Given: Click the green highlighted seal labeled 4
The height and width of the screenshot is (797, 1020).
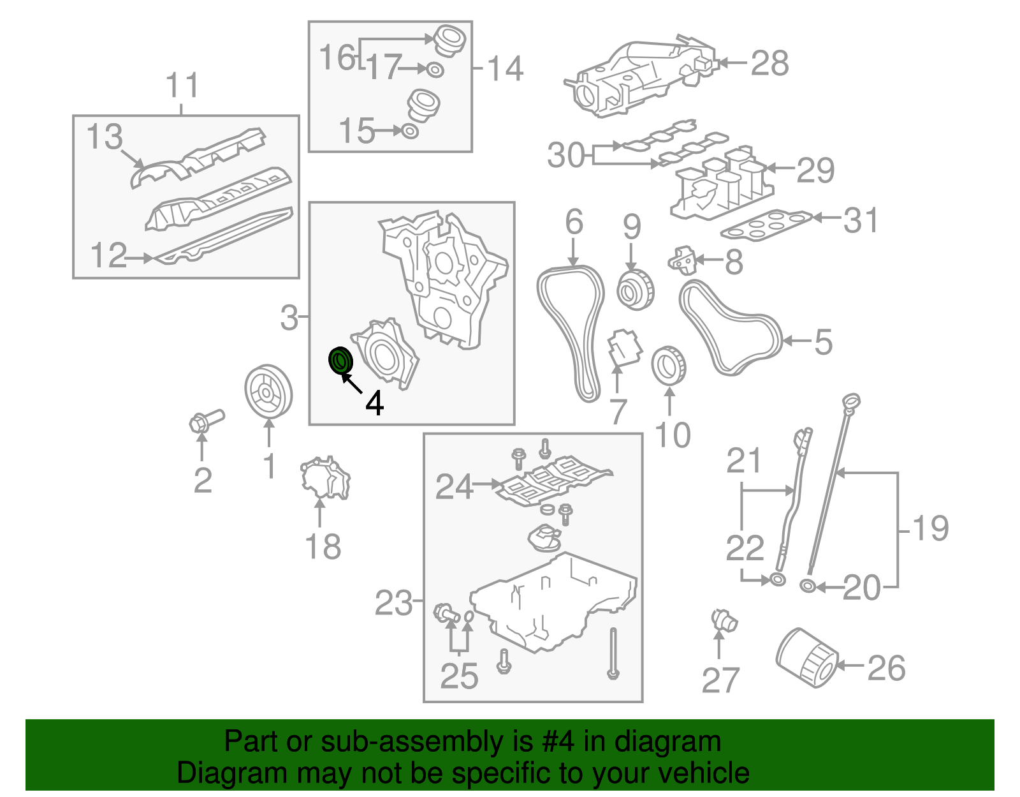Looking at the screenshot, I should click(x=340, y=361).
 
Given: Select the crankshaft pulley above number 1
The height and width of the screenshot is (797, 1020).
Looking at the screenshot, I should click(x=268, y=391).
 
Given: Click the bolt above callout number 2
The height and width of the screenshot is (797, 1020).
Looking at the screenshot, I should click(x=206, y=421).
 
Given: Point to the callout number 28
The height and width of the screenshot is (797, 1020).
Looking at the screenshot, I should click(x=769, y=64).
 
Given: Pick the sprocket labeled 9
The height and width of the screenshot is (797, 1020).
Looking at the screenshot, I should click(x=636, y=290).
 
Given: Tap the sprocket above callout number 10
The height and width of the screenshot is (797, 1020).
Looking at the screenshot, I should click(x=669, y=366).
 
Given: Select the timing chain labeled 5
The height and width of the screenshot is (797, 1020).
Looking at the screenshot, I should click(x=730, y=328).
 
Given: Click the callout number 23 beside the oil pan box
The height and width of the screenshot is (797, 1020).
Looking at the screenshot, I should click(x=393, y=602).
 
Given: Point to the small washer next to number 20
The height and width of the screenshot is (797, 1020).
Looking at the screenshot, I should click(x=806, y=586).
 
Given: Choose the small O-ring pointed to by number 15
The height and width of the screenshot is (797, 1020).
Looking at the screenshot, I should click(x=410, y=131).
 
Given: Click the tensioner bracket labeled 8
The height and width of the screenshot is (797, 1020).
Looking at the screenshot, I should click(x=682, y=260).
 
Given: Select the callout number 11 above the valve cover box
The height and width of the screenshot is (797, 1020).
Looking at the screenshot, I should click(x=182, y=86).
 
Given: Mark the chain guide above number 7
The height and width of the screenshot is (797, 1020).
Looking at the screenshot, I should click(x=623, y=349).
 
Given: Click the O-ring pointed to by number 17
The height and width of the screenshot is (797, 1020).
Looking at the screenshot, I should click(x=435, y=69).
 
